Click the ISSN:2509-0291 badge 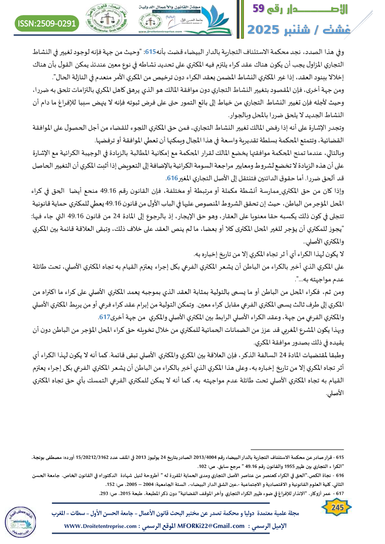(48, 23)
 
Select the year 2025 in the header (268, 29)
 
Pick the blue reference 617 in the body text (104, 317)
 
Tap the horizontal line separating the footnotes (301, 450)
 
